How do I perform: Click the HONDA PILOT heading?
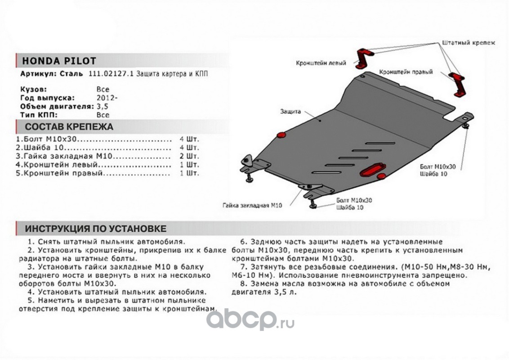click(58, 61)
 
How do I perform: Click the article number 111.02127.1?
click(106, 74)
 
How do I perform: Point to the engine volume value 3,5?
click(102, 107)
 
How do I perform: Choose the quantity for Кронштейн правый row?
click(191, 173)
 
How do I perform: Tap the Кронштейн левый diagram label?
click(321, 63)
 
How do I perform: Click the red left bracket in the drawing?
click(363, 58)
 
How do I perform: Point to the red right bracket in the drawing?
click(459, 84)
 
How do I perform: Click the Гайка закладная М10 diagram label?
click(252, 205)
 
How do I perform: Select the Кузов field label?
click(33, 89)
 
